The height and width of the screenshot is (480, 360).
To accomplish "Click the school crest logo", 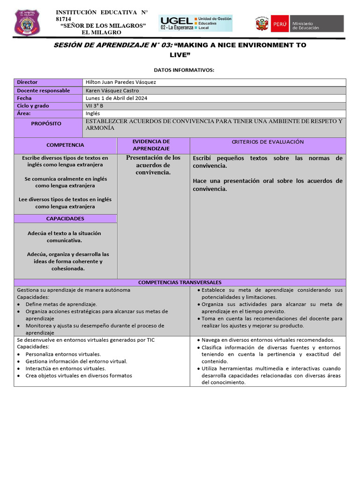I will pos(27,22).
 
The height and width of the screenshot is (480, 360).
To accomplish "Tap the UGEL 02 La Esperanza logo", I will pos(195,22).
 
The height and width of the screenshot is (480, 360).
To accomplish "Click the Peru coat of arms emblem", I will pos(261,23).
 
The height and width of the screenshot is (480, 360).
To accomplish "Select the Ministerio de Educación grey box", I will pos(316,23).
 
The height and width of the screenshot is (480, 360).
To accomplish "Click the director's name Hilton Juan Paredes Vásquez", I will pos(121,82).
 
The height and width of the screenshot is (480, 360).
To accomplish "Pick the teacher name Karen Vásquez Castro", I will pos(112,90).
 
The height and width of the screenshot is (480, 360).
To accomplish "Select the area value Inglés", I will pos(93,113).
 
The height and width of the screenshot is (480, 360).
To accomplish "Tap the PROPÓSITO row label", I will pos(46,124).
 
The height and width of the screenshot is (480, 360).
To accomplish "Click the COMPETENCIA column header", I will pos(65,145).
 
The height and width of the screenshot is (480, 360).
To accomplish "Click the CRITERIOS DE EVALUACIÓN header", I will pos(268,142).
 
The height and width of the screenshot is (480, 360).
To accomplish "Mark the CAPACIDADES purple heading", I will pos(65,218).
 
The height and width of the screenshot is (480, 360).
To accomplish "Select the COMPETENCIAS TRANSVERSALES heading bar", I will pos(180,282).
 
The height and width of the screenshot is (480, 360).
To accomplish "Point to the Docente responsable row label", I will pos(43,90).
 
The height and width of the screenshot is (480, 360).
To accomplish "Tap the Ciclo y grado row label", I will pos(33,106).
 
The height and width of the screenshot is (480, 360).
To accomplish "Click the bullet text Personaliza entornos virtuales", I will pos(63,354).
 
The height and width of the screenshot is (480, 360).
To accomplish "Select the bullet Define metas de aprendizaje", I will pos(61,304).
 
